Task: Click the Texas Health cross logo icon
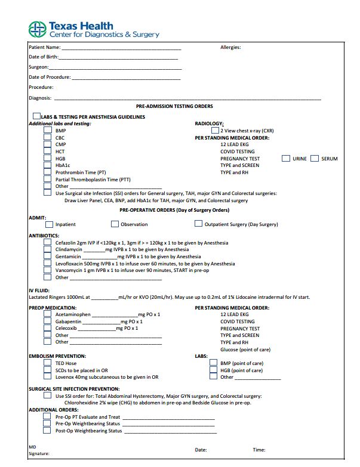tap(38, 29)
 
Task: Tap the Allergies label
tap(230, 47)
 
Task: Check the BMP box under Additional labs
tap(48, 131)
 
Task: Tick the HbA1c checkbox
tap(48, 165)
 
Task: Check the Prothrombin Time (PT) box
tap(48, 172)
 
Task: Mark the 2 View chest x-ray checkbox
tap(215, 131)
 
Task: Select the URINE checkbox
tap(286, 159)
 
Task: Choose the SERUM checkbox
tap(315, 159)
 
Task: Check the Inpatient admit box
tap(50, 224)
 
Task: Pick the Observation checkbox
tap(115, 224)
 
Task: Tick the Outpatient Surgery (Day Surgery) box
tap(198, 224)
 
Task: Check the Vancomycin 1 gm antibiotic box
tap(48, 270)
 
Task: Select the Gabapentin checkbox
tap(48, 321)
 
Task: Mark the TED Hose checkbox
tap(48, 363)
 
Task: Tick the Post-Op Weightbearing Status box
tap(48, 431)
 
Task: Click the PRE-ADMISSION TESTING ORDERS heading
tap(174, 106)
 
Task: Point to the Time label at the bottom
tap(259, 450)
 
